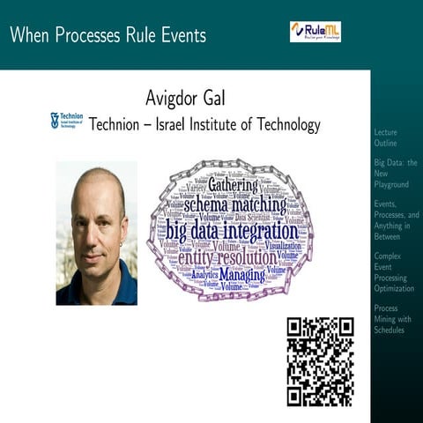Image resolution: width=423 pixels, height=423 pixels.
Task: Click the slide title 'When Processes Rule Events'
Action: (x=107, y=35)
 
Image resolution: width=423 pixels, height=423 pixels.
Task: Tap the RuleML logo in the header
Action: (x=315, y=32)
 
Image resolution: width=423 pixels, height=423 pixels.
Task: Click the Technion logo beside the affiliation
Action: (x=66, y=121)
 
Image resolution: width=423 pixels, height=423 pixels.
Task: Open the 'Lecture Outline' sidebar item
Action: (x=386, y=137)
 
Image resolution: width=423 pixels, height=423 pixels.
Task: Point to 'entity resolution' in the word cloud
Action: (x=226, y=258)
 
